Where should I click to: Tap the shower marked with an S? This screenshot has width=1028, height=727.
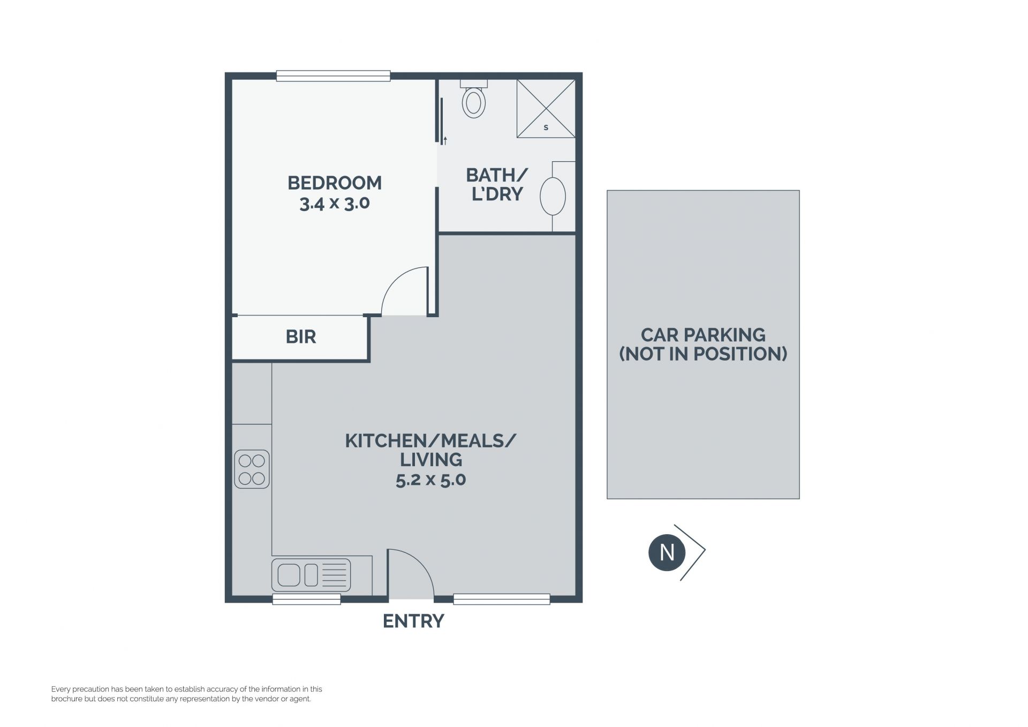pos(546,109)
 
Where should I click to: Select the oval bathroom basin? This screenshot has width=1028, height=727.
pos(553,196)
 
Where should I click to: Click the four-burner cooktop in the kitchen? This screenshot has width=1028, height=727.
pos(252,469)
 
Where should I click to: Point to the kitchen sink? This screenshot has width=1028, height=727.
pos(311,575)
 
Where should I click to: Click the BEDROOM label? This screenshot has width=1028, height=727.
pos(335,183)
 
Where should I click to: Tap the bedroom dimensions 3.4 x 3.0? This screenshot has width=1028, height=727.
pos(335,204)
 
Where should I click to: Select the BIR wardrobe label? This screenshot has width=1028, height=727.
pos(301,337)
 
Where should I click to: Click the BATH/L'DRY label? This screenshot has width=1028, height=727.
pos(497,184)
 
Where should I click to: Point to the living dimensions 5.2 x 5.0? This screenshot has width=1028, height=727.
pos(431,479)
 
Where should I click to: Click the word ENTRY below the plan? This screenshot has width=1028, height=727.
pos(413,621)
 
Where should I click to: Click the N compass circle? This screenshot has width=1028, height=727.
pos(667,552)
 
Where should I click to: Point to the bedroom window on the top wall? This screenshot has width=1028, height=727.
pos(333,76)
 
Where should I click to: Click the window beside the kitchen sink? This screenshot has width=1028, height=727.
pos(307,599)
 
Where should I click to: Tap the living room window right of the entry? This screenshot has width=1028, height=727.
pos(502,599)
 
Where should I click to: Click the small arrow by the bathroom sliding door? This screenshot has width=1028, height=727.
pos(445,141)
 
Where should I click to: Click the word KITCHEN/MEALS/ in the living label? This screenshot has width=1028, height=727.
pos(431,441)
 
